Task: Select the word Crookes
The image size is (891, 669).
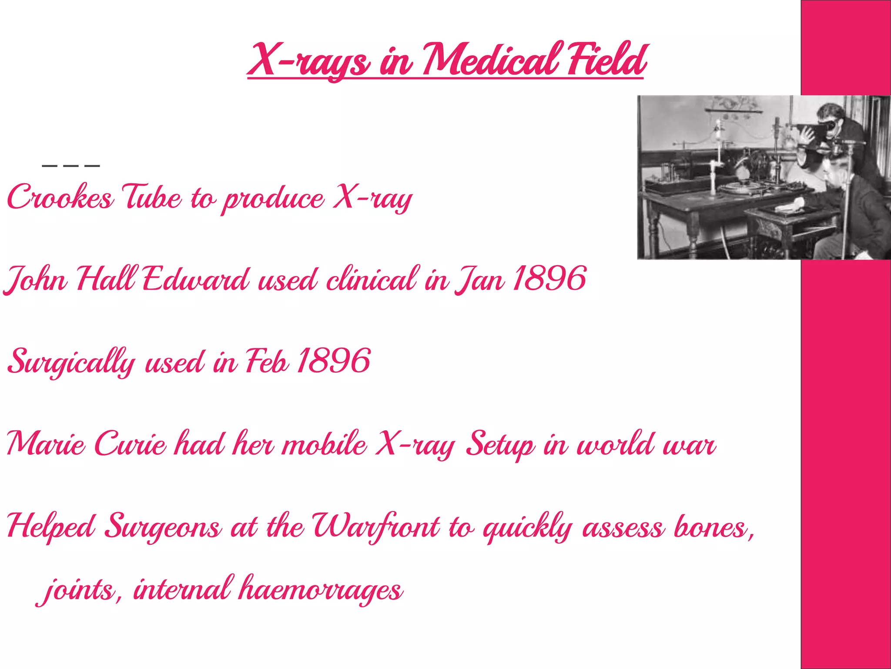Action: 60,197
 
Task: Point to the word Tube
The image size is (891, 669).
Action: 152,197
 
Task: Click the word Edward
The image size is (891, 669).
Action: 196,280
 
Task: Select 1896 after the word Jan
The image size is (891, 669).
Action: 549,279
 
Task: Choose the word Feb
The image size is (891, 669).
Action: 267,362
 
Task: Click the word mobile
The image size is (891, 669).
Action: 324,444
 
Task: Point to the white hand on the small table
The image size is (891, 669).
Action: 791,205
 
